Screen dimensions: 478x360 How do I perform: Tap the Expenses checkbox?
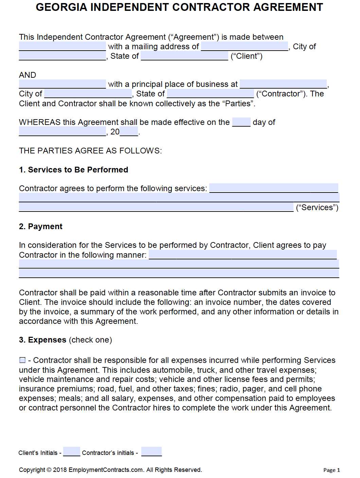coord(22,360)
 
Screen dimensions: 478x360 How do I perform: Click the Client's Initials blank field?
coord(72,452)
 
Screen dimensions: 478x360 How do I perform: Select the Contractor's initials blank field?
coord(151,452)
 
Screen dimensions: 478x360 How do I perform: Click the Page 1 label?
coord(331,470)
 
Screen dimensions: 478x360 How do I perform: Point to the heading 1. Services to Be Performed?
coord(73,170)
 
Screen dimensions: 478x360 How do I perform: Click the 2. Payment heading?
coord(41,226)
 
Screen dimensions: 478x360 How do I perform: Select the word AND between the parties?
coord(28,75)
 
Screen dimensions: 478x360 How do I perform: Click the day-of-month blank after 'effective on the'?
coord(241,122)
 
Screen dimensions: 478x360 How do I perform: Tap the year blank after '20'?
coord(129,132)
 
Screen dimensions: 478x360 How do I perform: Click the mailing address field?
coord(245,47)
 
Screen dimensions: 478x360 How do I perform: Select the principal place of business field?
coord(283,84)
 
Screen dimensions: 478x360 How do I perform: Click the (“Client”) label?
coord(247,56)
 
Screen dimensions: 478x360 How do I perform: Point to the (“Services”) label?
coord(317,207)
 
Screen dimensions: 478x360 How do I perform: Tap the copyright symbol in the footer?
coord(49,470)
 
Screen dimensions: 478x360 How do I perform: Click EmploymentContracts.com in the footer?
coord(106,470)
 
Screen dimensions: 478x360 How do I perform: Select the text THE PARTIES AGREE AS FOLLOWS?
coord(90,151)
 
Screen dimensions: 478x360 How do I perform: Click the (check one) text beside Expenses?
coord(90,340)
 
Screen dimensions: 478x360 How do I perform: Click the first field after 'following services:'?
coord(274,188)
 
